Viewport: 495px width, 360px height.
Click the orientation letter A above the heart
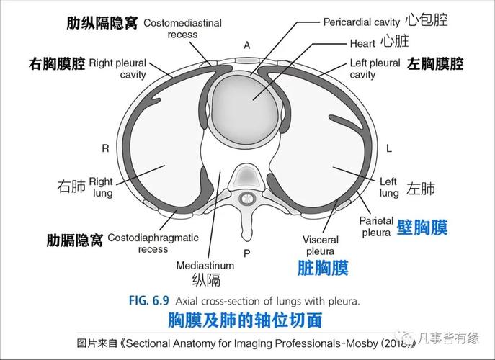point(246,45)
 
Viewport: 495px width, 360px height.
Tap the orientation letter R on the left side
point(105,148)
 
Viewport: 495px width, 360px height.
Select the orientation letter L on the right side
point(388,149)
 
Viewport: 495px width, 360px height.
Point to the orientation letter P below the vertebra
point(246,253)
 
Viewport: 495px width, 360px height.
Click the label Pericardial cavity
point(360,22)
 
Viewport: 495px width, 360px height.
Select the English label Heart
point(362,44)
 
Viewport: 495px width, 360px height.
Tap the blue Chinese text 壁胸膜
point(422,228)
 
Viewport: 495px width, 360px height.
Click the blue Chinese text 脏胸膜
point(323,269)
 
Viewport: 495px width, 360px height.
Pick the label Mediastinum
point(205,265)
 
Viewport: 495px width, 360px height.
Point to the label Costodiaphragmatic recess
point(153,243)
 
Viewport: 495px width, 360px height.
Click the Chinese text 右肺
point(71,187)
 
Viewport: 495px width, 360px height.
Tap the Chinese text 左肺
point(421,189)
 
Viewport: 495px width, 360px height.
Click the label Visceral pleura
point(320,245)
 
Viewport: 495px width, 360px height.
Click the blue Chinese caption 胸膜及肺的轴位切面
point(244,319)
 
